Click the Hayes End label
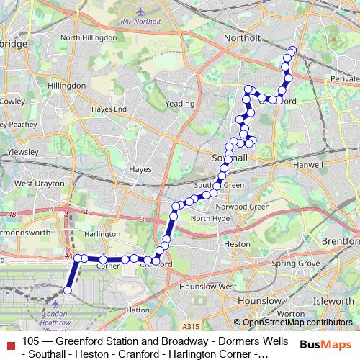coord(109,109)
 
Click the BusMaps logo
coord(326,345)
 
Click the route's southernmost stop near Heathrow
coord(68,290)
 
